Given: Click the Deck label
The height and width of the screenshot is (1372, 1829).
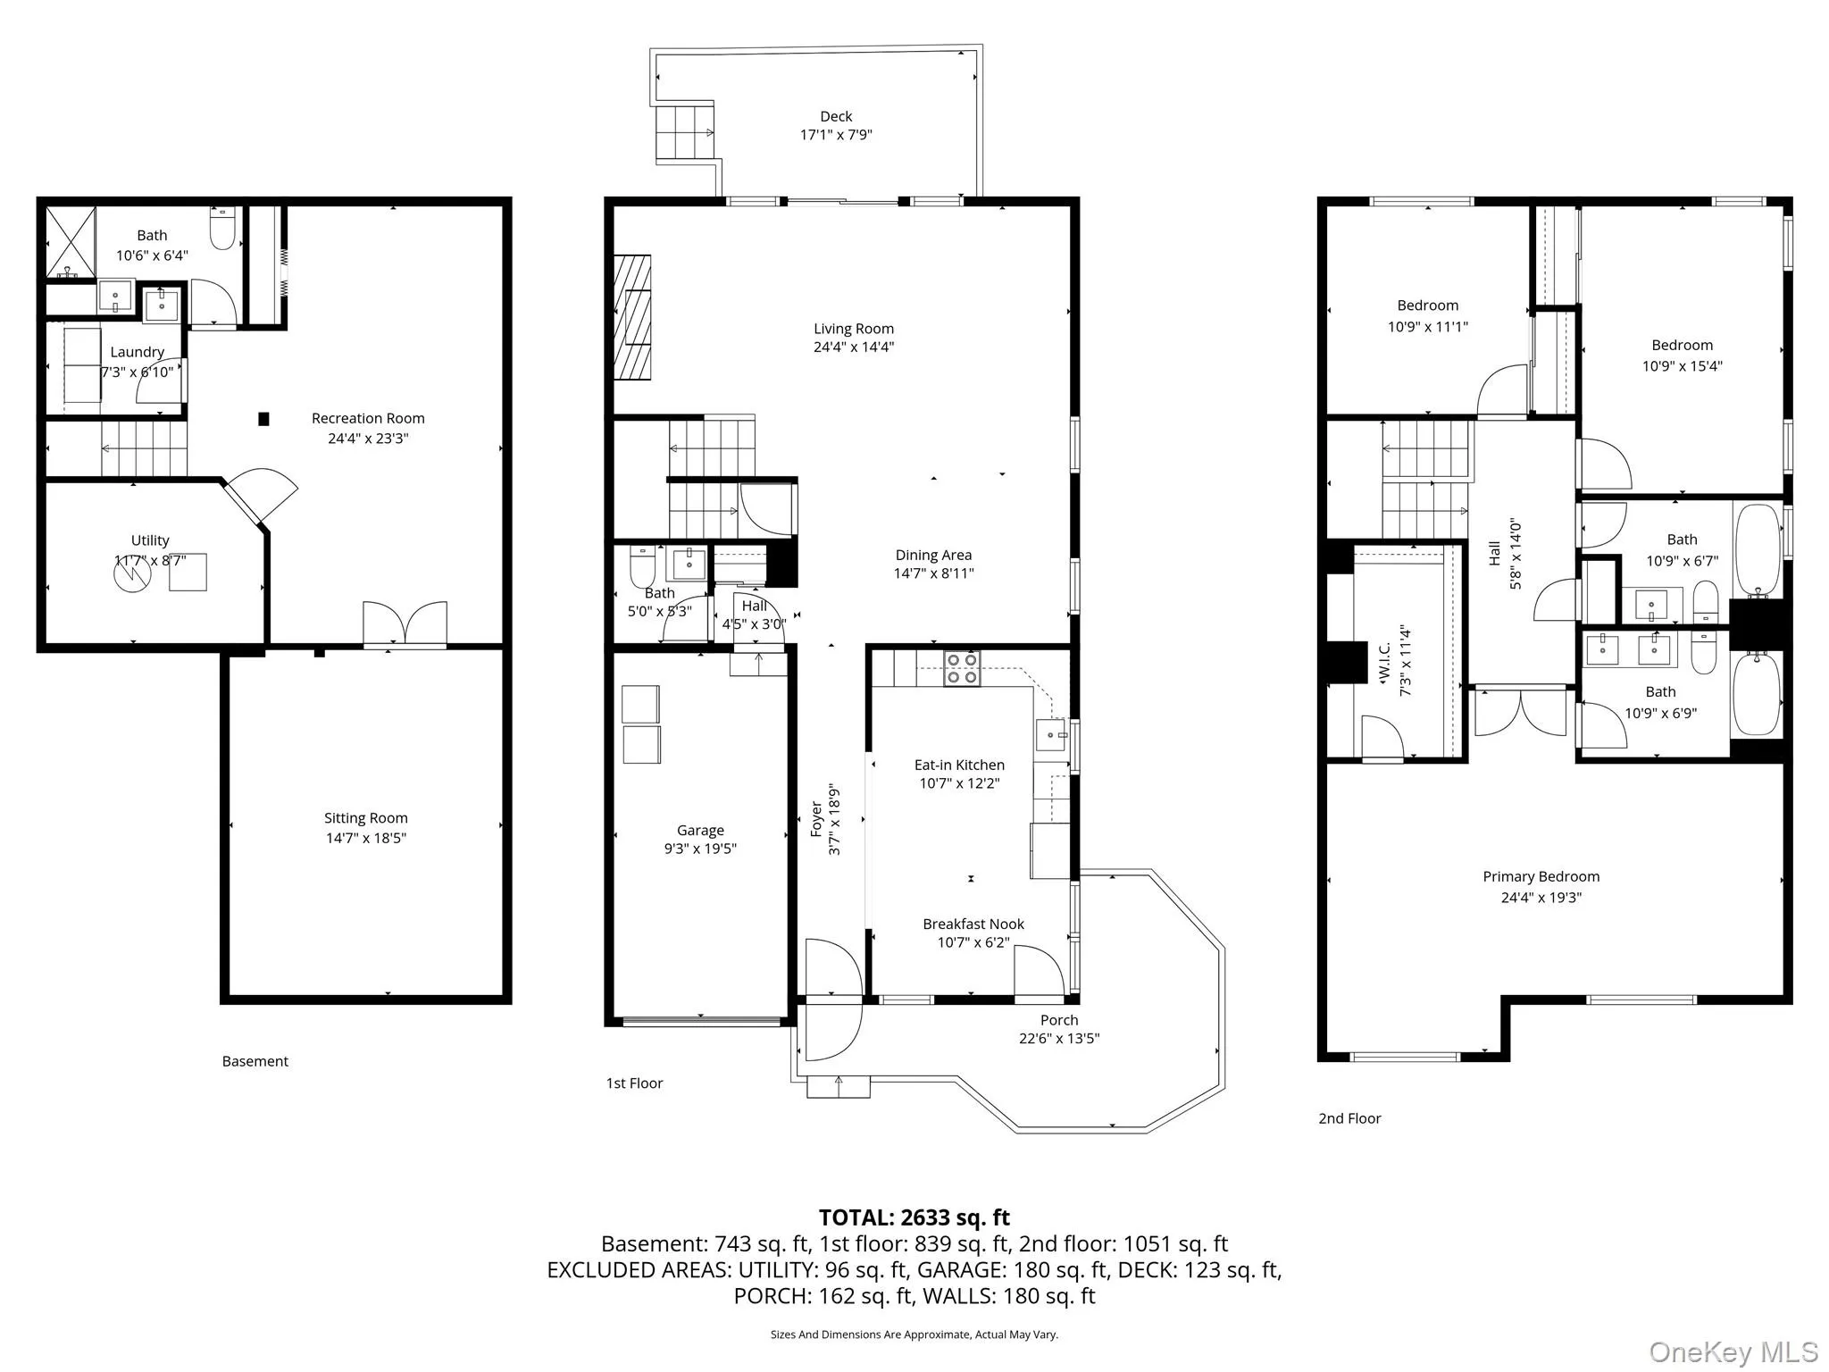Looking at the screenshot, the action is [836, 116].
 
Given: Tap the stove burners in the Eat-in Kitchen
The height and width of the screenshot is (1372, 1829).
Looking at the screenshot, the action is [962, 668].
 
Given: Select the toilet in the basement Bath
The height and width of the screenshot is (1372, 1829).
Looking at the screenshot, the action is [222, 229].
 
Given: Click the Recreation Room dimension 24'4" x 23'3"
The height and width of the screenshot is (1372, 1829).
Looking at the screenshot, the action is [368, 438].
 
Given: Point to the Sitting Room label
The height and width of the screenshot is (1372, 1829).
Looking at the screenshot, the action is [365, 818].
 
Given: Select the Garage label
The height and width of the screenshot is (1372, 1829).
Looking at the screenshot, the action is [700, 831].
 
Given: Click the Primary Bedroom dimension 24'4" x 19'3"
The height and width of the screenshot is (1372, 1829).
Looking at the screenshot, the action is [1541, 898].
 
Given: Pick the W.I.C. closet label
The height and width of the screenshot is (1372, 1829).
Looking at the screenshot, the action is [1385, 661].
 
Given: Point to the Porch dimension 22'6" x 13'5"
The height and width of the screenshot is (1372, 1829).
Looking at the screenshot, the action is [1059, 1038].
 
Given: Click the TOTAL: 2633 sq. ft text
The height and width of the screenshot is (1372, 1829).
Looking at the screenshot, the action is [914, 1217].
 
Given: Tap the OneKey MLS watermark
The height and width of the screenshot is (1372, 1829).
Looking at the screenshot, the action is [1733, 1351].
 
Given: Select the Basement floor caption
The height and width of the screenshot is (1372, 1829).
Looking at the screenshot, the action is [255, 1061].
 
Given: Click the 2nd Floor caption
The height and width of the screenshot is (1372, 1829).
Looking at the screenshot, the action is [1349, 1118].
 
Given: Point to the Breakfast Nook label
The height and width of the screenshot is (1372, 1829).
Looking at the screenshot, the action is [973, 924].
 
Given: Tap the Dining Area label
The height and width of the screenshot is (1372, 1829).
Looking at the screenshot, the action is [933, 555].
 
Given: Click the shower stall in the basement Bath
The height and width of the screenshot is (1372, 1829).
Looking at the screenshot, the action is [71, 242].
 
